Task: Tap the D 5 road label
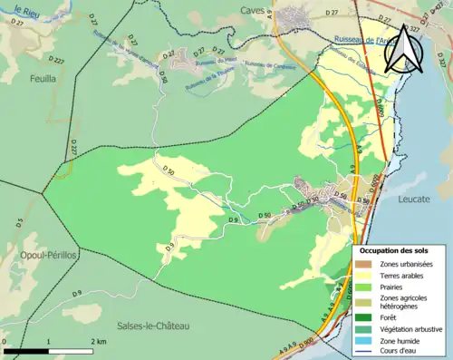click(17, 219)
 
